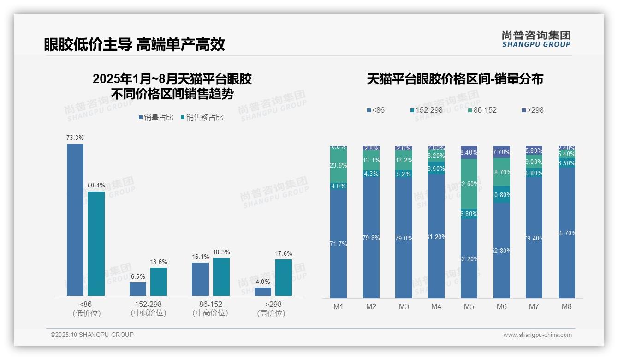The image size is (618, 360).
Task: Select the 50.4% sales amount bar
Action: pyautogui.click(x=96, y=243)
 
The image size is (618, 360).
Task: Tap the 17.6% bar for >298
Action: pyautogui.click(x=284, y=277)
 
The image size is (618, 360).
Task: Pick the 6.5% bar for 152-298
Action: pyautogui.click(x=138, y=289)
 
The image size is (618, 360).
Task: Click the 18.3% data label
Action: pyautogui.click(x=221, y=252)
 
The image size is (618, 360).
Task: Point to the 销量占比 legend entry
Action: pyautogui.click(x=156, y=118)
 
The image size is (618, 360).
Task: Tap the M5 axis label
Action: pyautogui.click(x=469, y=306)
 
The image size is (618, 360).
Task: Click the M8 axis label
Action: pyautogui.click(x=567, y=306)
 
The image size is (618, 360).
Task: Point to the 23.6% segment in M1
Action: pyautogui.click(x=339, y=165)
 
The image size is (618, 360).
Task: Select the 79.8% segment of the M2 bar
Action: pyautogui.click(x=371, y=238)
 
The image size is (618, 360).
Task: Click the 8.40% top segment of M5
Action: pyautogui.click(x=469, y=152)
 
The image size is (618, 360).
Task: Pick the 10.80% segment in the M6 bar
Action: pyautogui.click(x=502, y=194)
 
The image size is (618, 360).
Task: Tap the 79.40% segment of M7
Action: pyautogui.click(x=534, y=239)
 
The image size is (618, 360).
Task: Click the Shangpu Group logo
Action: pyautogui.click(x=536, y=39)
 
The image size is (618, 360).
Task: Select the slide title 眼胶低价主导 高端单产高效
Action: pyautogui.click(x=134, y=44)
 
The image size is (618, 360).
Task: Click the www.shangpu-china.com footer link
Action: pyautogui.click(x=537, y=335)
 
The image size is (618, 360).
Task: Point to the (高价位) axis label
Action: pyautogui.click(x=271, y=313)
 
